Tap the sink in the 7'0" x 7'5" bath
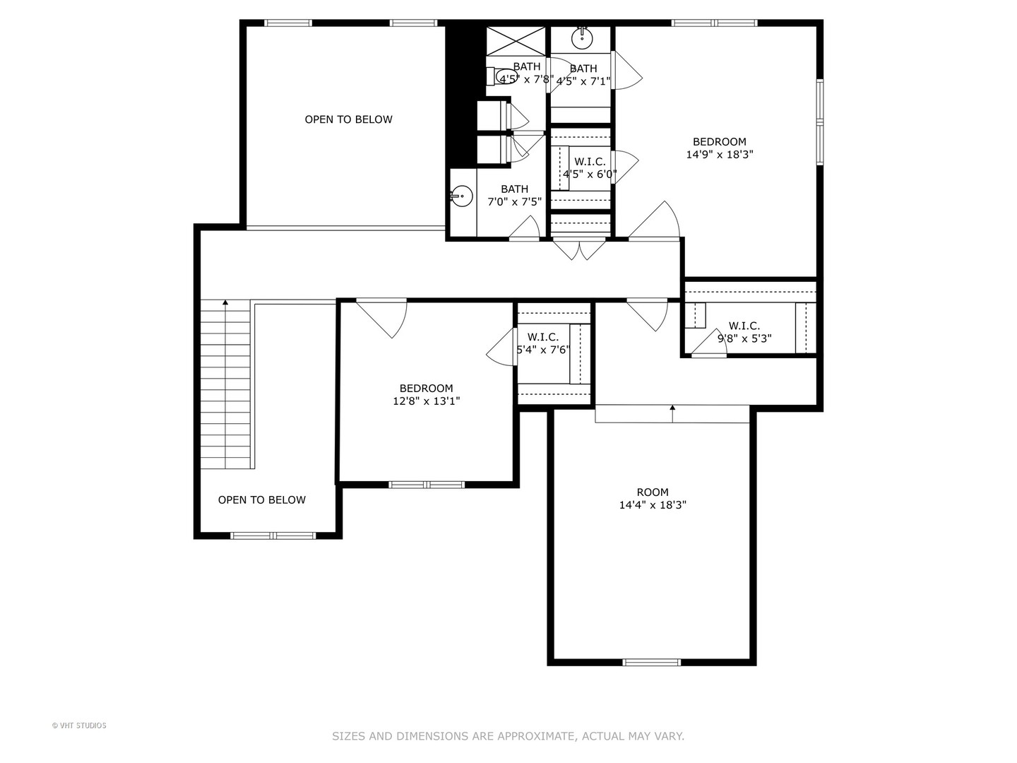(x=461, y=196)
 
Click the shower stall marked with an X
(x=516, y=40)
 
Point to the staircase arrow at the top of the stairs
(x=225, y=304)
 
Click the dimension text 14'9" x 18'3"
(x=719, y=155)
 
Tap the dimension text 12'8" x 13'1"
(x=426, y=401)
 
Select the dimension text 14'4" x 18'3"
(x=652, y=505)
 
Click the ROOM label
(x=652, y=492)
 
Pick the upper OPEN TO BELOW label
(x=348, y=119)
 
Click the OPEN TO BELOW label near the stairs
(x=261, y=500)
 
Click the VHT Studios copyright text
(x=79, y=726)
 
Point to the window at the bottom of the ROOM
(x=651, y=662)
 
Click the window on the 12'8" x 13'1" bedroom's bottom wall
(x=427, y=485)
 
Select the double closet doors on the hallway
(x=578, y=249)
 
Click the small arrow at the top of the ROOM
(x=672, y=408)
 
